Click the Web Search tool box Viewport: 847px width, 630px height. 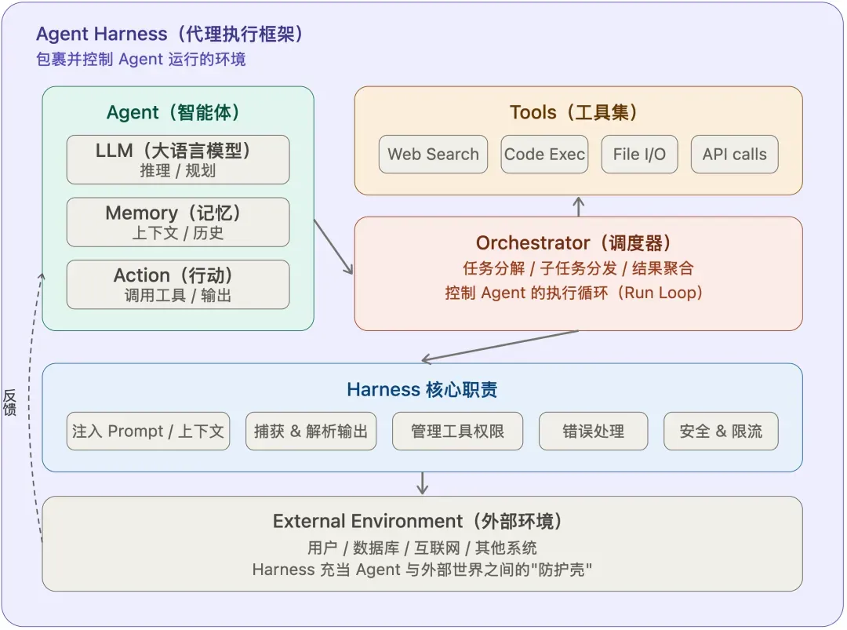(433, 155)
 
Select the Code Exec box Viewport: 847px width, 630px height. (544, 155)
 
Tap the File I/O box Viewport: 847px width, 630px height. (639, 155)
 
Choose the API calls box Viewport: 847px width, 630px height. (734, 155)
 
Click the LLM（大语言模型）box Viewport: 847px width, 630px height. (178, 159)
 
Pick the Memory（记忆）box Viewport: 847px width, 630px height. (178, 222)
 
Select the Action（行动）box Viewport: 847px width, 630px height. (178, 285)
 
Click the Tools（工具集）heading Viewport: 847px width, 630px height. (578, 112)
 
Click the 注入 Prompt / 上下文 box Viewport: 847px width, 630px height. (148, 431)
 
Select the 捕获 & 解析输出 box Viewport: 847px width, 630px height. (311, 431)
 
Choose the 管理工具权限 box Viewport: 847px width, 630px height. (457, 431)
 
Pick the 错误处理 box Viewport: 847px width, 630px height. (593, 431)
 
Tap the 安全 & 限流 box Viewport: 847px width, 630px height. (721, 431)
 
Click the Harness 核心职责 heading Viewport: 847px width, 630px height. (422, 390)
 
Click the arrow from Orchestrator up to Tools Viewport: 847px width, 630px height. (579, 206)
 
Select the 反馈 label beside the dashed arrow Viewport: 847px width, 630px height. (10, 402)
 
